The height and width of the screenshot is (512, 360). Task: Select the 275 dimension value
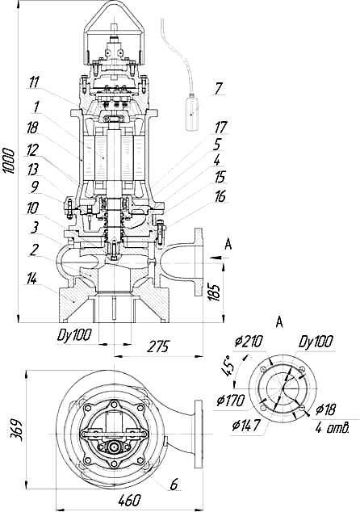pos(157,346)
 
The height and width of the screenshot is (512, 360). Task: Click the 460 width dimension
pos(130,499)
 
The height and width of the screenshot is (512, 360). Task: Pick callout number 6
pos(174,485)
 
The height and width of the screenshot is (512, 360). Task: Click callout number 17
pos(221,127)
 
